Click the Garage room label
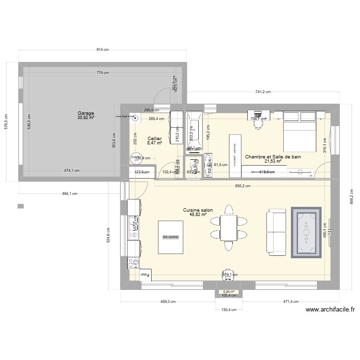[x=86, y=115]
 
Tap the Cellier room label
[x=155, y=139]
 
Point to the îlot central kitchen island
[x=170, y=237]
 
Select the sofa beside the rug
[x=276, y=233]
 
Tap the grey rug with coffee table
[x=305, y=234]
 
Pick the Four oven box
[x=145, y=275]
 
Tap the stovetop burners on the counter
[x=133, y=262]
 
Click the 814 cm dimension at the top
[x=103, y=49]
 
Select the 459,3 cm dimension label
[x=168, y=302]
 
